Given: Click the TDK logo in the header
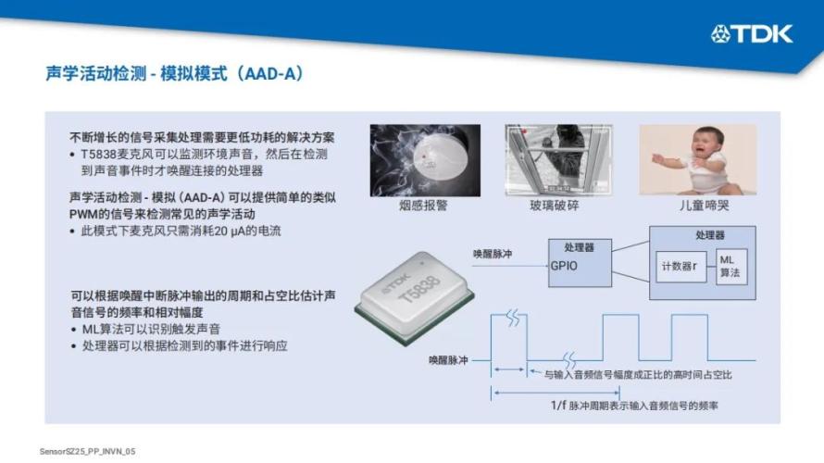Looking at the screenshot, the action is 752,34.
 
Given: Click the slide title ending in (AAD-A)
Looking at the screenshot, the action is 175,73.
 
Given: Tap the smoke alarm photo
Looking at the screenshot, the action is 425,160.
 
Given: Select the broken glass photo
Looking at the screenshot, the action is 558,160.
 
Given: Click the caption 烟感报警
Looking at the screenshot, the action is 423,206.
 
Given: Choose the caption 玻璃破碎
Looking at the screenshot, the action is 555,206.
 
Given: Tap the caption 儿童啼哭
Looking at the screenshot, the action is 705,206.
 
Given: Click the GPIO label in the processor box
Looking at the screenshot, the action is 564,266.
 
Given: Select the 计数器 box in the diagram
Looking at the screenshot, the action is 681,267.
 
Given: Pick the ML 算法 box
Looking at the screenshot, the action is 731,267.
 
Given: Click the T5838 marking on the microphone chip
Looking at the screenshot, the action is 419,290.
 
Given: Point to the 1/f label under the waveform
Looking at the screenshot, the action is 558,406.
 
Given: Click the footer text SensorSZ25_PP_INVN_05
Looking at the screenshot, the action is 87,452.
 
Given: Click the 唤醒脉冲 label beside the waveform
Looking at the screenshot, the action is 448,360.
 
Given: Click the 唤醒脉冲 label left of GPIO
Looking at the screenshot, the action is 493,254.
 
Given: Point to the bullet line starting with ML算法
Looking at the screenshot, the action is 151,330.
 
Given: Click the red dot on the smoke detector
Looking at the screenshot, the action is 424,156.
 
